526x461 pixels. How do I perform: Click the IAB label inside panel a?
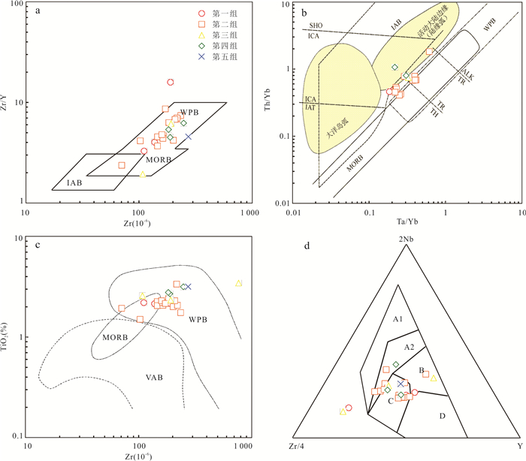tap(73, 182)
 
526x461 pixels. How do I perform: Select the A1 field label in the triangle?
tap(398, 319)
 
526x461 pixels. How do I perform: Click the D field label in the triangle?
tap(442, 415)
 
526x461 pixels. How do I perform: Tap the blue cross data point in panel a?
tap(189, 137)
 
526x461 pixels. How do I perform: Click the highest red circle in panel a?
tap(171, 82)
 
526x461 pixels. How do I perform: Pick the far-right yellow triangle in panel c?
tap(238, 283)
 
